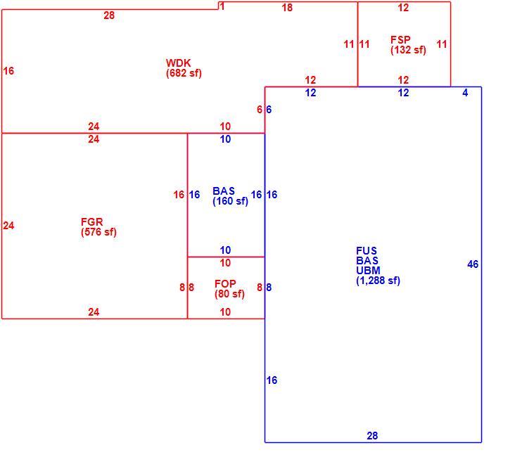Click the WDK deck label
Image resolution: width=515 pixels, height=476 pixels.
click(x=178, y=63)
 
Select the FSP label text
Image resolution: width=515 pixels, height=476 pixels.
click(x=400, y=39)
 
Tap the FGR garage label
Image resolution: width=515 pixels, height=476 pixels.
click(x=91, y=221)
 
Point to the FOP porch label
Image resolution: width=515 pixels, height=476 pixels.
click(x=225, y=283)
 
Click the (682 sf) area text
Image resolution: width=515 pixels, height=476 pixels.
click(x=184, y=73)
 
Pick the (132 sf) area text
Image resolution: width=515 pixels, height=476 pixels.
click(x=408, y=50)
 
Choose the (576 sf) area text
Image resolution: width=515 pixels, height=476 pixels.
click(x=98, y=232)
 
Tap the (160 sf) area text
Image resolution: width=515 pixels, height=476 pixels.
click(x=230, y=201)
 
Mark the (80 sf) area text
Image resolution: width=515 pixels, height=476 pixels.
click(x=229, y=294)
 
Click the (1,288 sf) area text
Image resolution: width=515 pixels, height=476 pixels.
click(x=378, y=281)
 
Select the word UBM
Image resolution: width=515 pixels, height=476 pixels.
click(x=368, y=271)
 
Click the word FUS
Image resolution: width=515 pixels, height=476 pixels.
click(x=367, y=251)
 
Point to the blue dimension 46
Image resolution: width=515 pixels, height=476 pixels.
click(x=473, y=264)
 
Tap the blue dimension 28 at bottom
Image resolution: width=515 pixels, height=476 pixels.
click(x=372, y=436)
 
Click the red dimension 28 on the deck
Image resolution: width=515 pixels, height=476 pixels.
click(x=109, y=15)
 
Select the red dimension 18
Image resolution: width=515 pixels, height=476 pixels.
click(x=287, y=8)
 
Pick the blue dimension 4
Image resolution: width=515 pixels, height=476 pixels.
click(x=465, y=93)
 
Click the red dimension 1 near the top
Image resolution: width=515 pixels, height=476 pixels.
click(x=222, y=6)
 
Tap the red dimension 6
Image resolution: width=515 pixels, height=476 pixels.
click(x=260, y=109)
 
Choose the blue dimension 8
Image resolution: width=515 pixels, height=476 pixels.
click(x=269, y=288)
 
